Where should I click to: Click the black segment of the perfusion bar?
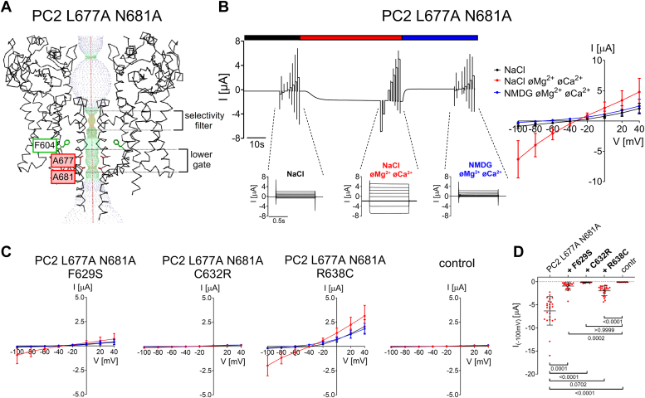click(x=266, y=37)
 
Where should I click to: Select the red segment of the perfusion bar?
click(x=350, y=37)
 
